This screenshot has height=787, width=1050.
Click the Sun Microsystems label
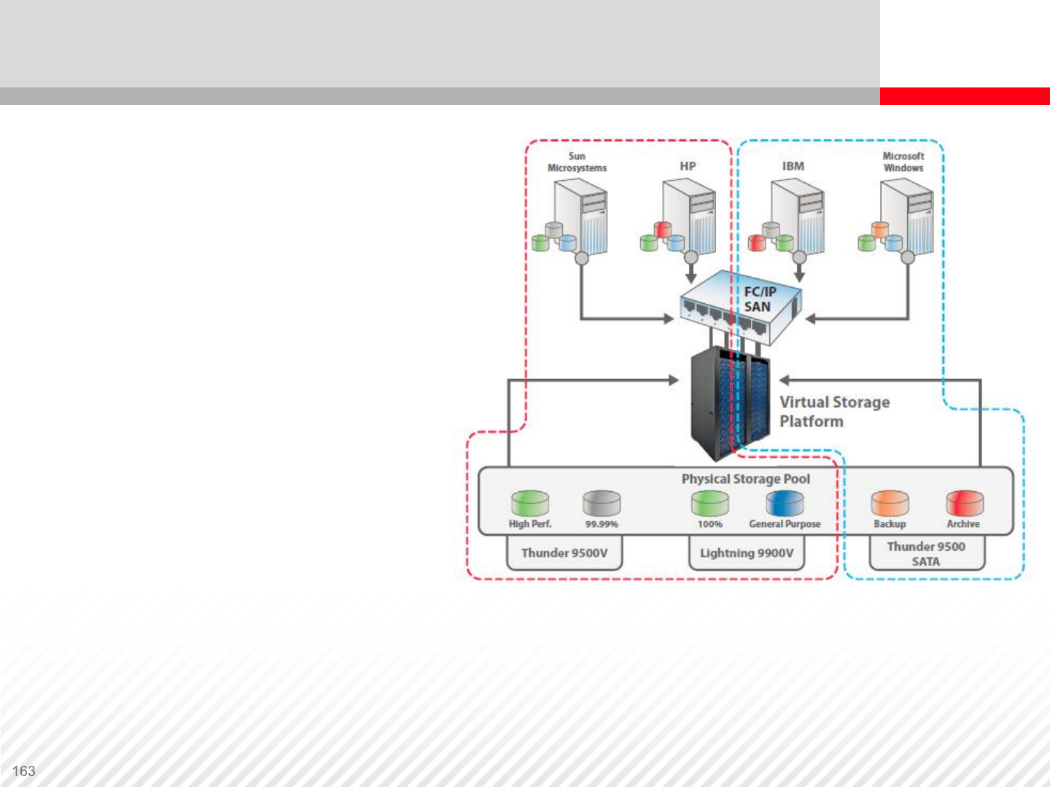[577, 162]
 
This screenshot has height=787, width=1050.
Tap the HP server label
[688, 166]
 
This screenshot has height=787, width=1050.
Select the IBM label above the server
[793, 166]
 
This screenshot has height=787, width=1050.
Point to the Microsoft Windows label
[903, 162]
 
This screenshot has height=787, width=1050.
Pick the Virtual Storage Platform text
[834, 412]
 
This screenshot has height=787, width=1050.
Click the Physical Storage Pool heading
[745, 479]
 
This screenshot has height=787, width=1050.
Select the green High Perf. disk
[530, 503]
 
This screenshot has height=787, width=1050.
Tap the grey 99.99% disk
[602, 503]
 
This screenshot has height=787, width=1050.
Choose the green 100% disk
[710, 503]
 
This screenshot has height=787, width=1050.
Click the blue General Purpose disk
[785, 503]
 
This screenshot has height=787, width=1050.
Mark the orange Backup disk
[890, 503]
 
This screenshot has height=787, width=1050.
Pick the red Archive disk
[964, 503]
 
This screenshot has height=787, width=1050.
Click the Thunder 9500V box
[564, 553]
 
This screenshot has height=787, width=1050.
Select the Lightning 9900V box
[747, 553]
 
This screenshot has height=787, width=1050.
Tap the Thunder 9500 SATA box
[926, 554]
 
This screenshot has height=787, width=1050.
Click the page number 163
[23, 771]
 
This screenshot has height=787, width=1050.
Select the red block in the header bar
[964, 95]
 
